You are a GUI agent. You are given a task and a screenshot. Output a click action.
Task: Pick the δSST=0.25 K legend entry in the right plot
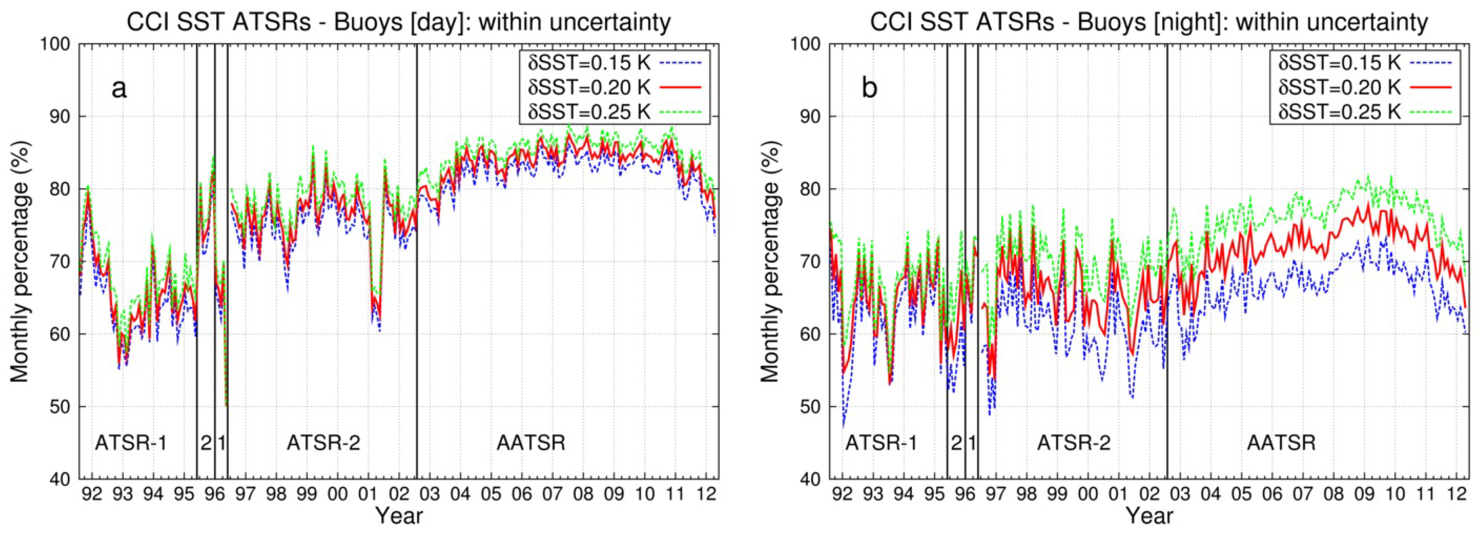click(x=1340, y=112)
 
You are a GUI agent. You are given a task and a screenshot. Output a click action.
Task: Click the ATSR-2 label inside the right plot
click(x=1073, y=443)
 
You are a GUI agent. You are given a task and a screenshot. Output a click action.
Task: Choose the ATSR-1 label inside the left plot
click(x=131, y=443)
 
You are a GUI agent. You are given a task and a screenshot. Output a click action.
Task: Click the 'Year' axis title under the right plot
click(x=1149, y=515)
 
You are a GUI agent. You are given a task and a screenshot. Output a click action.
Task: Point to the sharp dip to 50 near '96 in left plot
click(x=226, y=405)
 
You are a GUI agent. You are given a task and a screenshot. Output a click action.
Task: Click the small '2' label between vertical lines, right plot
click(x=956, y=443)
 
